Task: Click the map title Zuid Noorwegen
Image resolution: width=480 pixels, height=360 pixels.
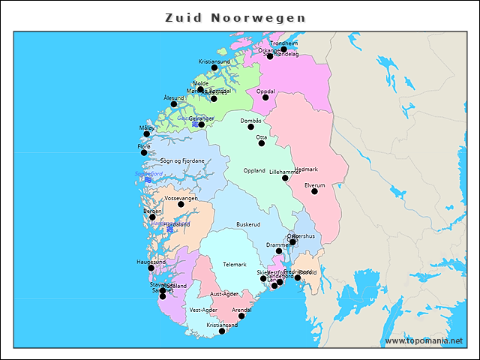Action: pyautogui.click(x=235, y=17)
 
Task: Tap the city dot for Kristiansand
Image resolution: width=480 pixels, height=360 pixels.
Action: pyautogui.click(x=221, y=331)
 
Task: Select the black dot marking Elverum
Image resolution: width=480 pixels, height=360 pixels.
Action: pyautogui.click(x=314, y=191)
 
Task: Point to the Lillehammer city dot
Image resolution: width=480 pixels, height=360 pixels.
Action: pyautogui.click(x=285, y=178)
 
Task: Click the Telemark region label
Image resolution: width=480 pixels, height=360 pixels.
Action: pyautogui.click(x=234, y=264)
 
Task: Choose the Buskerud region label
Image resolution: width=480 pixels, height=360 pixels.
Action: pyautogui.click(x=248, y=224)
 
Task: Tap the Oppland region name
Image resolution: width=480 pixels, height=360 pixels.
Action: pyautogui.click(x=254, y=170)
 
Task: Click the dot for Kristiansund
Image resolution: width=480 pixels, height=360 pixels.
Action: pyautogui.click(x=214, y=67)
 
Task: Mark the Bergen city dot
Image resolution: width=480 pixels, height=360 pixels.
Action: pyautogui.click(x=152, y=217)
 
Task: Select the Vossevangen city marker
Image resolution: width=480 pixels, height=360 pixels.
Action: pyautogui.click(x=181, y=204)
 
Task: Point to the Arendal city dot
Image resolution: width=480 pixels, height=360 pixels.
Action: pyautogui.click(x=241, y=316)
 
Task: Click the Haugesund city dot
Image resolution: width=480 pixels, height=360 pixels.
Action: pyautogui.click(x=151, y=268)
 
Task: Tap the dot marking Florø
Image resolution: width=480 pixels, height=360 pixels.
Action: pyautogui.click(x=144, y=152)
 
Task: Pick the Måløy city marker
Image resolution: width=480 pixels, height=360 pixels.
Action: pyautogui.click(x=147, y=134)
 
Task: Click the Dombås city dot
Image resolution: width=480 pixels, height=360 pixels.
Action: pyautogui.click(x=251, y=127)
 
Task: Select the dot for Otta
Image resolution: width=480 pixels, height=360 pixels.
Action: pyautogui.click(x=262, y=143)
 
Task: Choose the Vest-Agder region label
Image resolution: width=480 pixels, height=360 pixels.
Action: pyautogui.click(x=203, y=310)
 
